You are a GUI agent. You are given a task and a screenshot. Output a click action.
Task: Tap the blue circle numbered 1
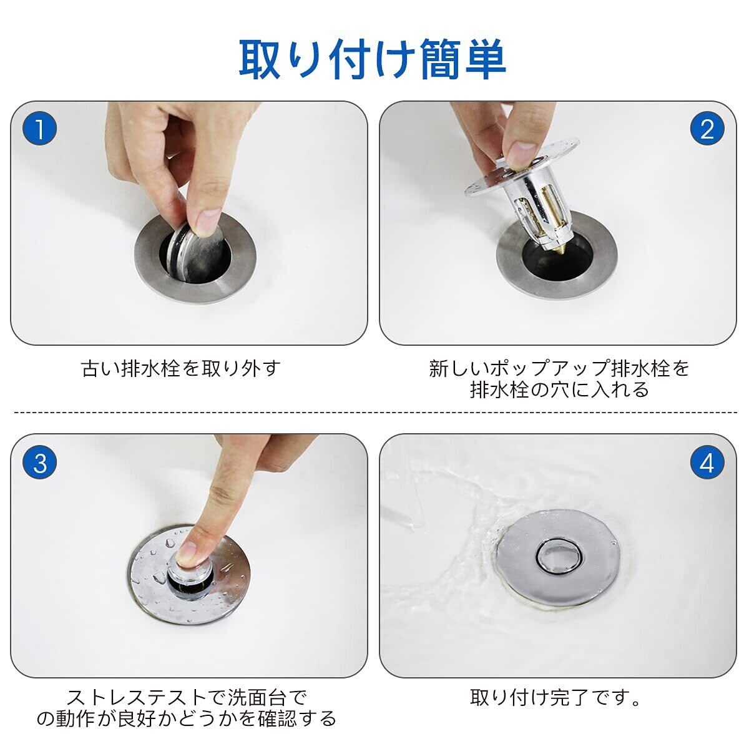[x=40, y=129]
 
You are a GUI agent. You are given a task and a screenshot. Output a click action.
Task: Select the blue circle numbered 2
[x=707, y=129]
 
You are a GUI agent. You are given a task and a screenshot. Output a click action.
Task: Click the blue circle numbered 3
[x=40, y=463]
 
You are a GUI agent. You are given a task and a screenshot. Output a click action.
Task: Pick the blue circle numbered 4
[x=707, y=463]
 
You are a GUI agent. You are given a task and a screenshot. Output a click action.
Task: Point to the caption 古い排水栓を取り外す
[x=181, y=368]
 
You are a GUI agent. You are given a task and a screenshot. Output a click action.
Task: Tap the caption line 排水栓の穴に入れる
[x=559, y=389]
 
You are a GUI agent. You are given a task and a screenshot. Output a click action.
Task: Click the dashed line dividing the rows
[x=376, y=412]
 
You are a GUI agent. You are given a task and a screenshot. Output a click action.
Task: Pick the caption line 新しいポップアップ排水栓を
[x=559, y=368]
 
